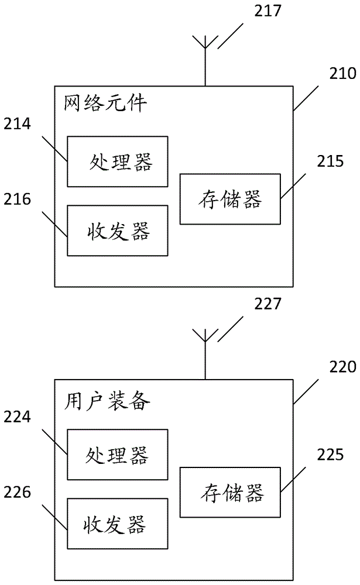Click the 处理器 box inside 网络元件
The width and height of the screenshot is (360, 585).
[118, 161]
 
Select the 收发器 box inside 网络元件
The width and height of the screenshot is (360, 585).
[118, 230]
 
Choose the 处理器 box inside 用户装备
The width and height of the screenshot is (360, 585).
[118, 454]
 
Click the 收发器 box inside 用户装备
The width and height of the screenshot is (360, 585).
[118, 524]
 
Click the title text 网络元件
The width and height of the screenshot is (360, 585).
[104, 105]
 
